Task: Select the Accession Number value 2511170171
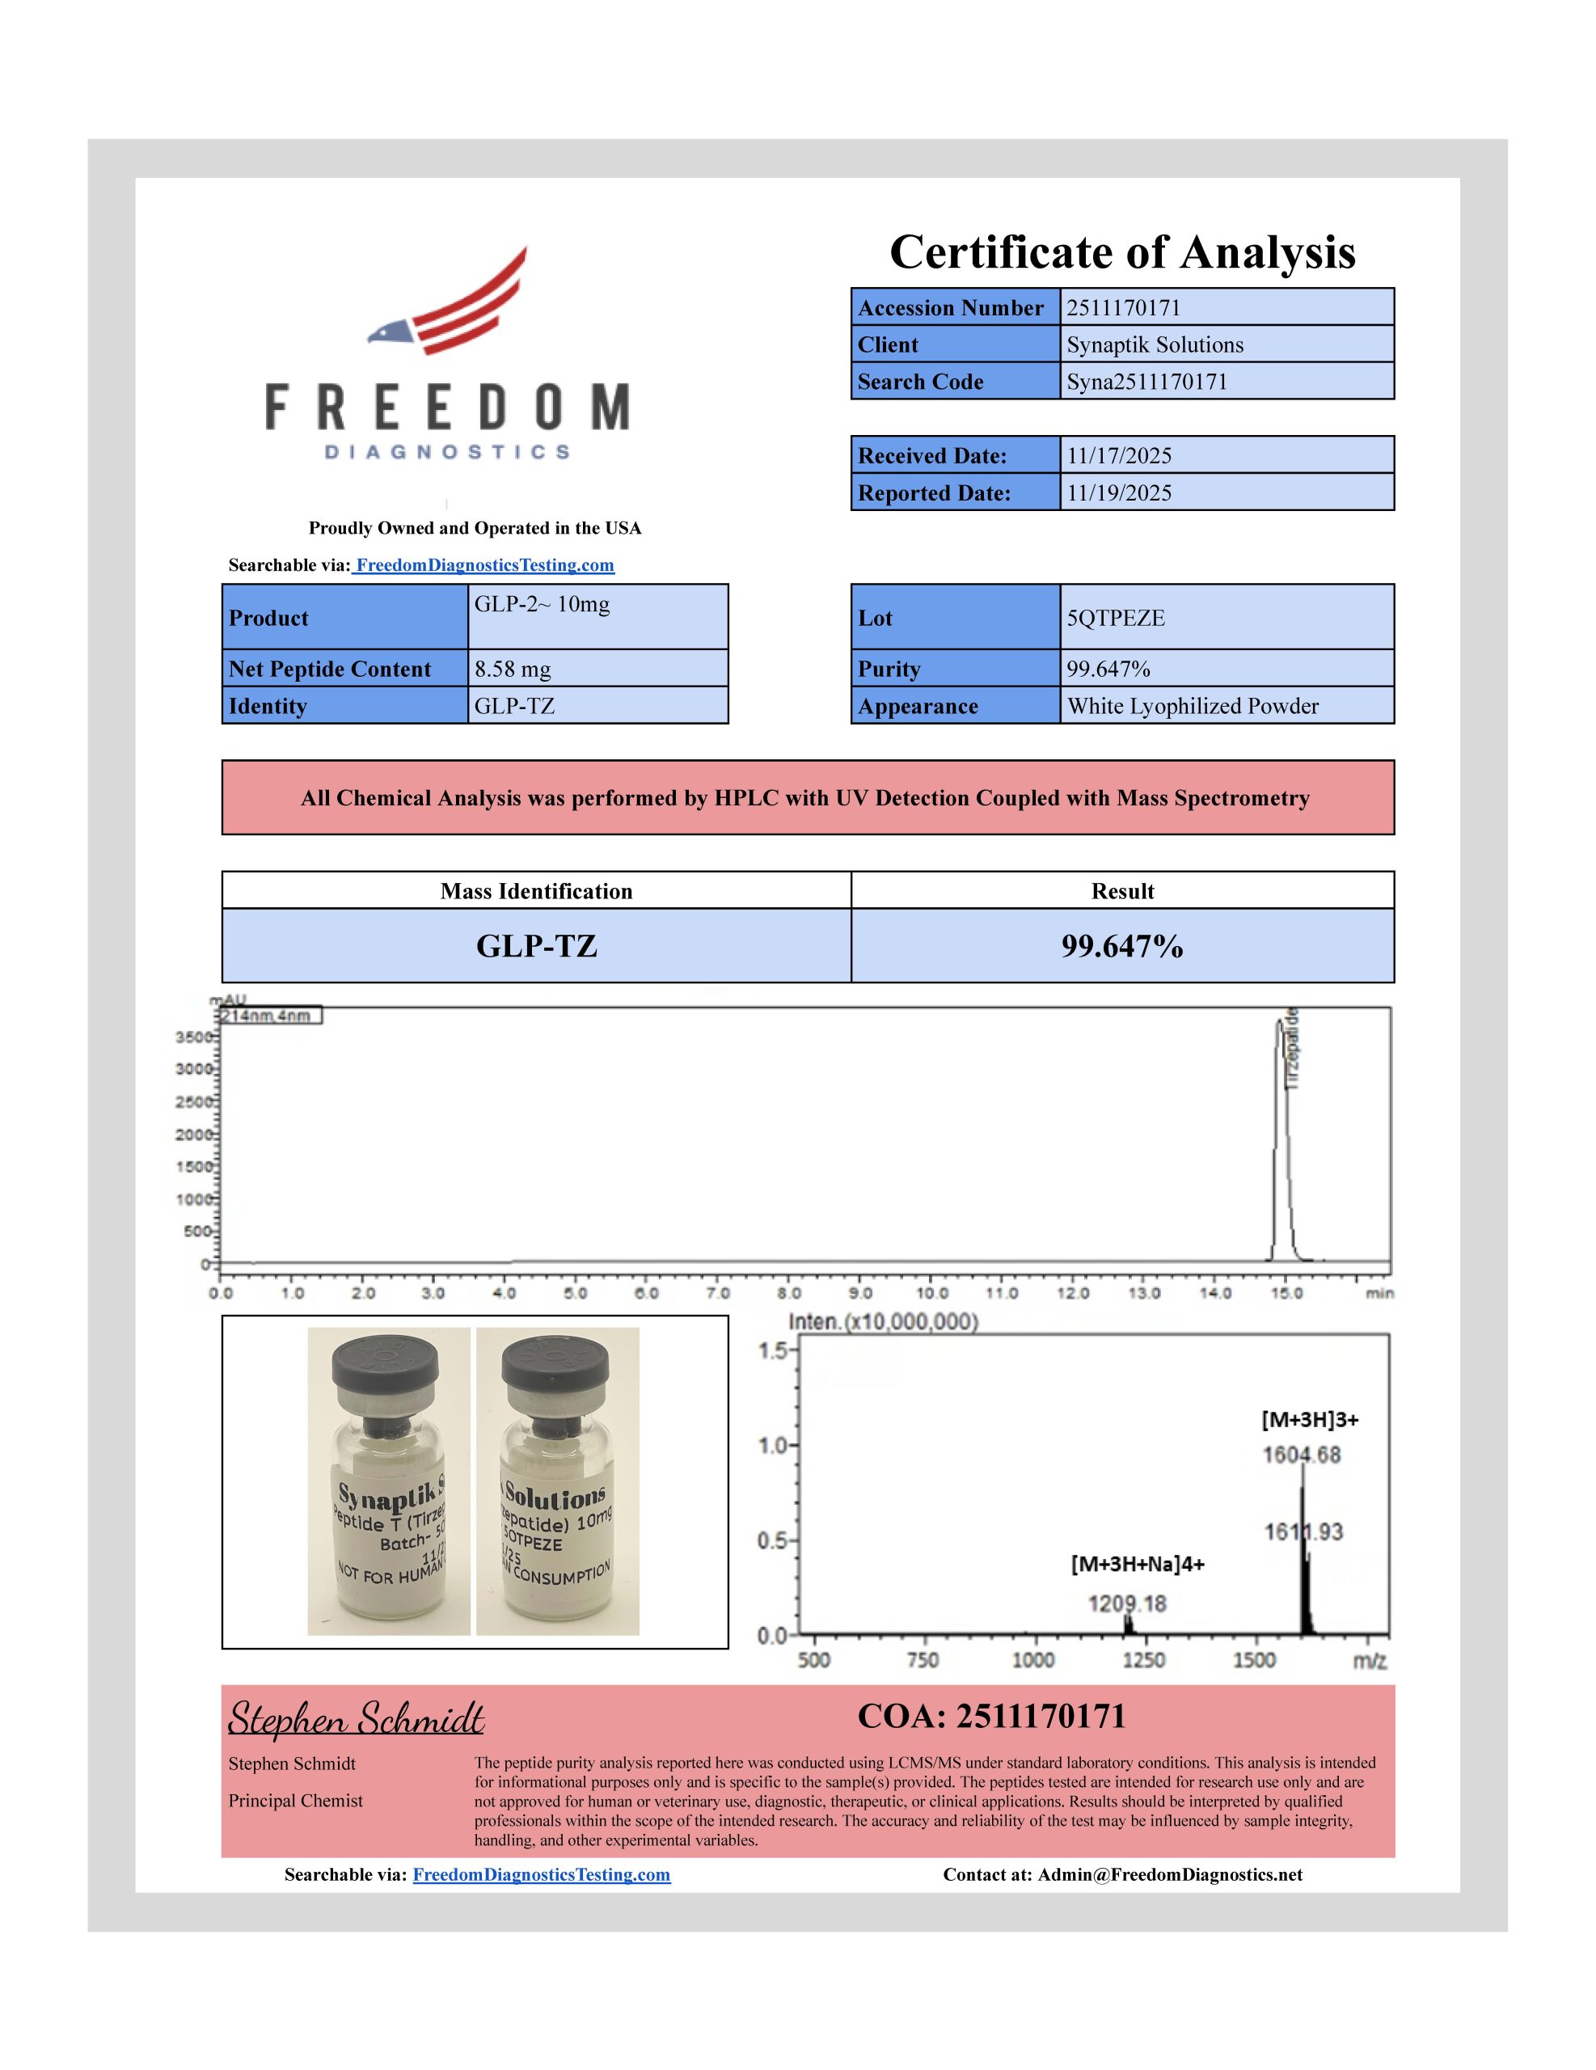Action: coord(1123,308)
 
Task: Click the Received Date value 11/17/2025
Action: coord(1118,456)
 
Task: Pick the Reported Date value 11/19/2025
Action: coord(1118,493)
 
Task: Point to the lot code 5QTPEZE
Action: coord(1116,618)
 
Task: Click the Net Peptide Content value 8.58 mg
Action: coord(512,670)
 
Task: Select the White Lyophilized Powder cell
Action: coord(1193,706)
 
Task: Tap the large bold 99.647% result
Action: coord(1121,946)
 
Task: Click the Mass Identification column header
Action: coord(535,891)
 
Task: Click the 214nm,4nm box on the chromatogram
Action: coord(269,1016)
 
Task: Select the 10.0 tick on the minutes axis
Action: coord(931,1293)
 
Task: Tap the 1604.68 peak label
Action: coord(1301,1455)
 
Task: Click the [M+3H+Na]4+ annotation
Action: coord(1138,1564)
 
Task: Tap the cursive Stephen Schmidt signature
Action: coord(356,1718)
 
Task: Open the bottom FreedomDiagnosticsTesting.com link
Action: coord(541,1875)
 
